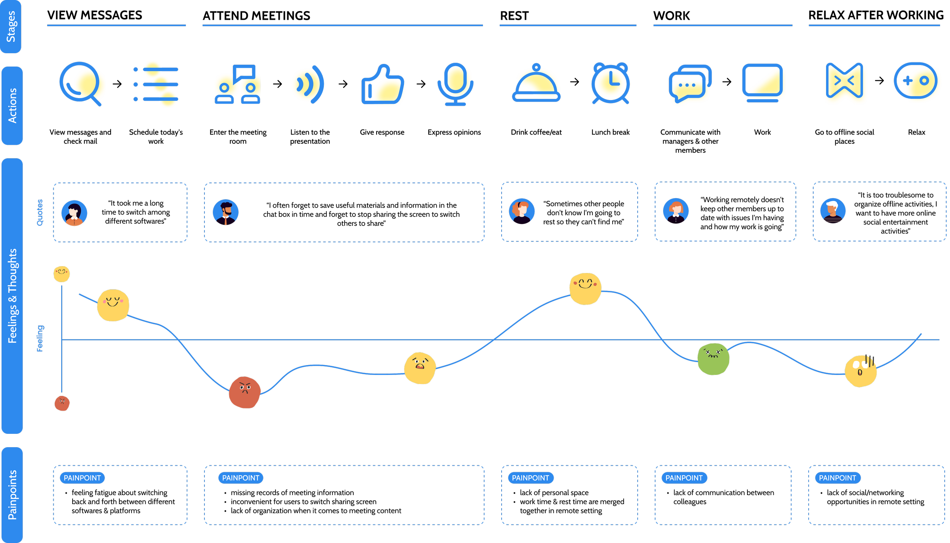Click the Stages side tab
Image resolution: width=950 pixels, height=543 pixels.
pos(11,26)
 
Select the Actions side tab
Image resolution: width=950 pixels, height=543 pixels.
pos(12,106)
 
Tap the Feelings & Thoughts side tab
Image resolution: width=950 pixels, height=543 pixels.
pos(12,296)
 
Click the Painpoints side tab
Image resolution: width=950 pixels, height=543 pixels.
pos(12,495)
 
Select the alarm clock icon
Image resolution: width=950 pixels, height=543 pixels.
pos(610,83)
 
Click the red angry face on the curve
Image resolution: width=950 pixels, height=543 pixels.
pos(245,392)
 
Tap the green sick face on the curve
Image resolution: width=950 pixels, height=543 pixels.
pos(713,359)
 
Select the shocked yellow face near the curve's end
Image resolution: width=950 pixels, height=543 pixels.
pos(860,371)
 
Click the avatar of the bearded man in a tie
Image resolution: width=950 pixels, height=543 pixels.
pos(226,212)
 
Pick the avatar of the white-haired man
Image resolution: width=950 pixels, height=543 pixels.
pos(833,211)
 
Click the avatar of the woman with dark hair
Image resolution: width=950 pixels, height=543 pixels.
pos(74,213)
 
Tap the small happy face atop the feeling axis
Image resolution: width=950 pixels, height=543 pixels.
pos(62,274)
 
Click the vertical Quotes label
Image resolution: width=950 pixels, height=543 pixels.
pos(40,213)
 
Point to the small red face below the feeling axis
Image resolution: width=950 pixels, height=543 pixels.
pos(62,403)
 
